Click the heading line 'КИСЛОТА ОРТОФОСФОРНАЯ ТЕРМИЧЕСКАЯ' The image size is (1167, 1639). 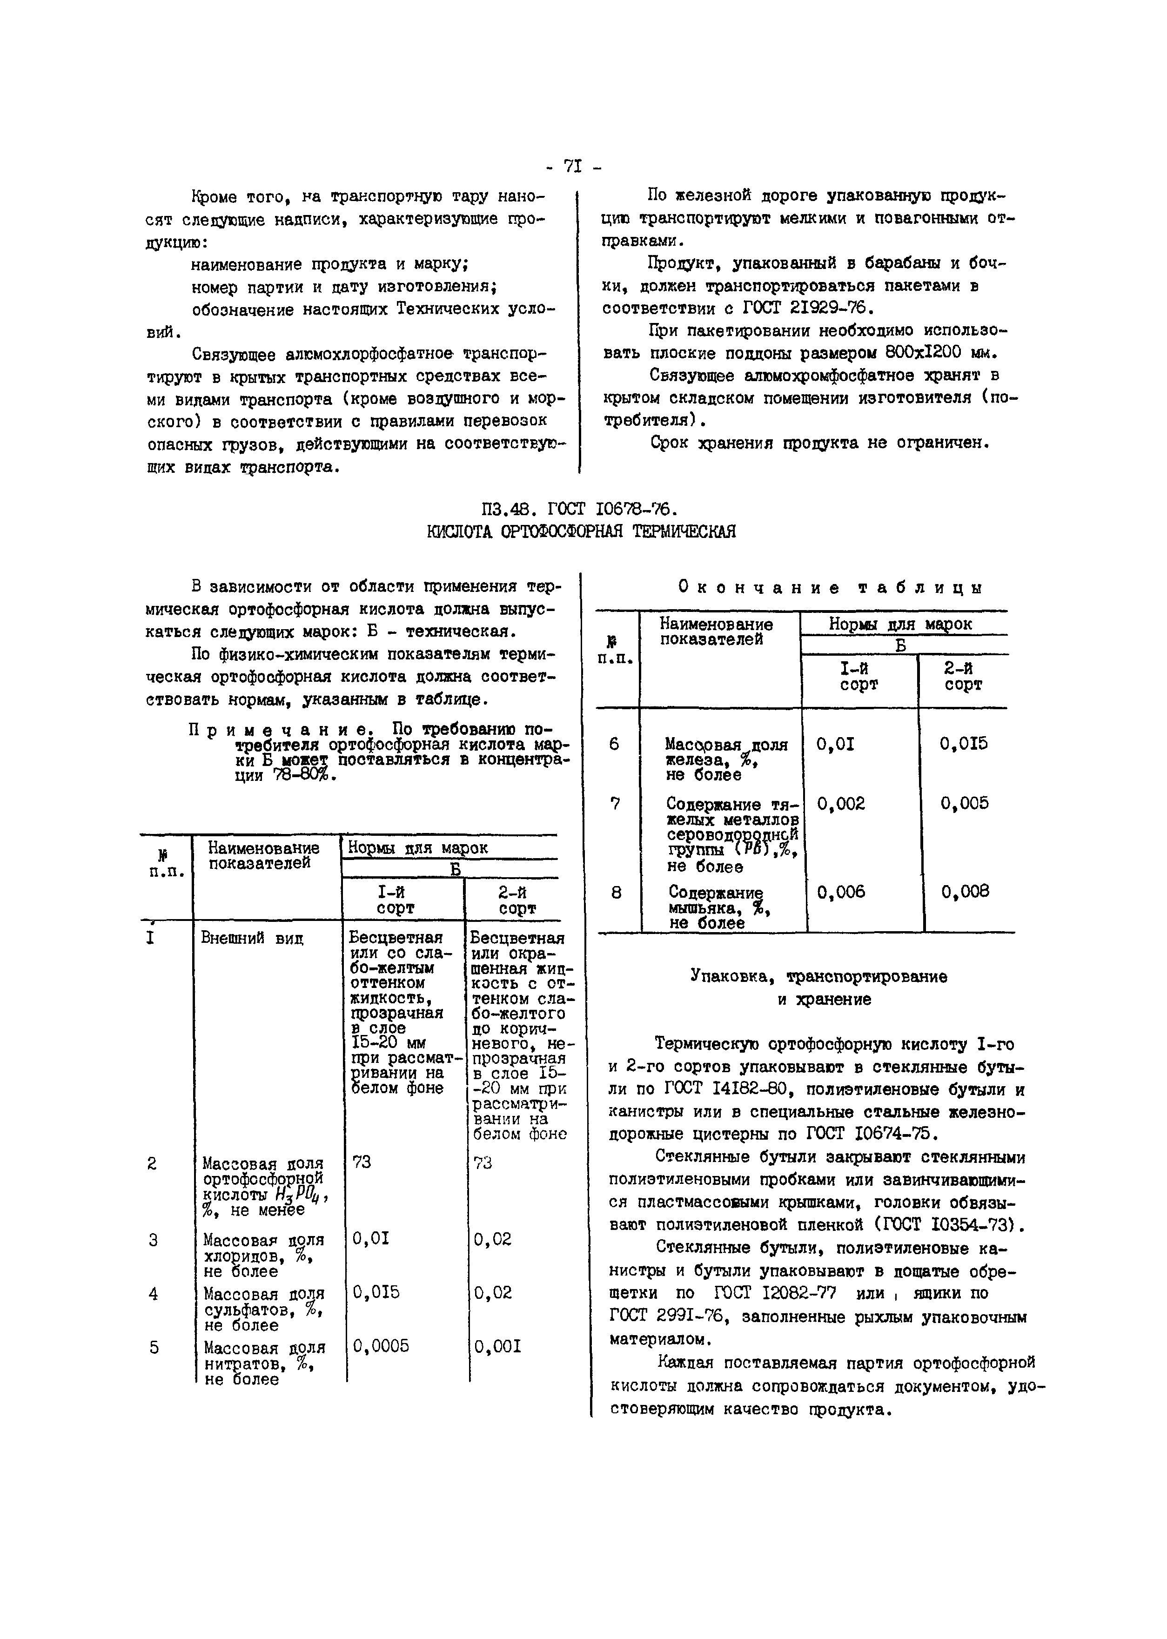pos(581,532)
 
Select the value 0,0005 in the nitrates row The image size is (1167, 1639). pos(381,1346)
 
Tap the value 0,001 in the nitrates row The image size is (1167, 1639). pos(497,1346)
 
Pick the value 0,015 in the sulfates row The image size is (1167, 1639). pos(376,1293)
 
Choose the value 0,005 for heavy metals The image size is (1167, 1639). pos(964,803)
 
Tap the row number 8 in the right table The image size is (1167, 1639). pos(616,893)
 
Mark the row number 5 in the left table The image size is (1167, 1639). pos(154,1347)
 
